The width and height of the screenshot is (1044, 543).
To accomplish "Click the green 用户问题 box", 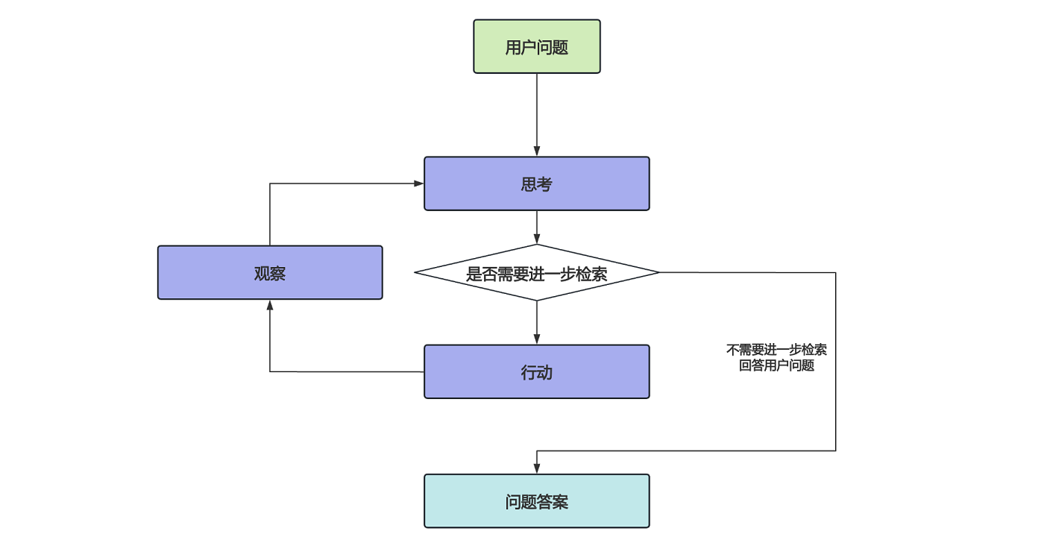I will coord(537,46).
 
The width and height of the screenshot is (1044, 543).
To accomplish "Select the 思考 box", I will coord(537,183).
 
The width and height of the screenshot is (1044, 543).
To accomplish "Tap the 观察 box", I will coord(270,273).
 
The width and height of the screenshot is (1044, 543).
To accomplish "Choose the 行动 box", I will coord(537,371).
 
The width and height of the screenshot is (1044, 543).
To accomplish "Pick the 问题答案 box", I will coord(537,501).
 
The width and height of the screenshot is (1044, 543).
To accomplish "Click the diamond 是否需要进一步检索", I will coord(537,273).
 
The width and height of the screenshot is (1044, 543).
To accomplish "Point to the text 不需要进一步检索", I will coord(776,350).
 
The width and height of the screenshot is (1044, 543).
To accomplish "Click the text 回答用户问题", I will coord(776,366).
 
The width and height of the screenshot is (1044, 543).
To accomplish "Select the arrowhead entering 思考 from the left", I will coord(419,183).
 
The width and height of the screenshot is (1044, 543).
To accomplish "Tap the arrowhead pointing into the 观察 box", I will coord(270,304).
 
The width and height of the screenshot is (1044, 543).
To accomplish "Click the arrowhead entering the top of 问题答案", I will coord(537,469).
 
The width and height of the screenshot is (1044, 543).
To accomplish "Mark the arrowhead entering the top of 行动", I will coord(537,339).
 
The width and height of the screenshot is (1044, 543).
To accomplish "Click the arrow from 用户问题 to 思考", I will coord(537,112).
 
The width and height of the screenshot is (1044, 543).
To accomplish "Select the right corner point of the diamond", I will coord(658,272).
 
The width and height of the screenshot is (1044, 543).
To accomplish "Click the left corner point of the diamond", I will coord(415,272).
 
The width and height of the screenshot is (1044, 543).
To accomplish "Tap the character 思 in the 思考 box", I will coord(529,184).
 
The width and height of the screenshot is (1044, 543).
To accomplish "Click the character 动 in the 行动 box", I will coord(545,372).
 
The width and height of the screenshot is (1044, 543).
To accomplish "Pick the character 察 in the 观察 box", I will coord(278,274).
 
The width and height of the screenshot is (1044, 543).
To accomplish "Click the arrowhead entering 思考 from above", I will coord(537,151).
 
